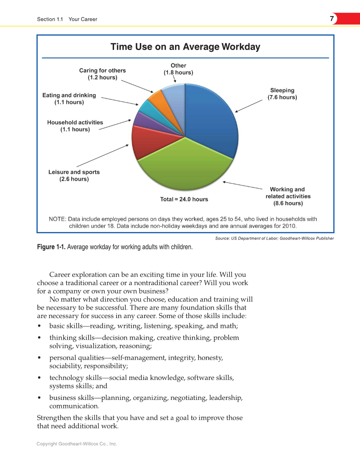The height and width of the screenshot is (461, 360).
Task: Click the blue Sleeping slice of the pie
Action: [210, 119]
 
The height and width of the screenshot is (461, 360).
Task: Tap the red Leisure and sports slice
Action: [146, 144]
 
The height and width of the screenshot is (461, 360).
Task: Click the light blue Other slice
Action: [174, 95]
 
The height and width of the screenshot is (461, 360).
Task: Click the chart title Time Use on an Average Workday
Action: [185, 47]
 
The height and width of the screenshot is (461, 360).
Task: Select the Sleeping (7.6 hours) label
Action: [282, 94]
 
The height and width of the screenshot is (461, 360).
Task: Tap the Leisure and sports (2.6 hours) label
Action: [74, 176]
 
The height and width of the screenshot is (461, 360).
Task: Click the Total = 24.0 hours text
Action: [184, 199]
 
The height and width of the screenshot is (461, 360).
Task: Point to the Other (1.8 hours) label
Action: [178, 69]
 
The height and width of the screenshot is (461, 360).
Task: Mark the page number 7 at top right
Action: [331, 19]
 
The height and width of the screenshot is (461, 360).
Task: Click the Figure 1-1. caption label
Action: [51, 247]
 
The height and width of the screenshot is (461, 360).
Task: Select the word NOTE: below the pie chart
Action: [57, 219]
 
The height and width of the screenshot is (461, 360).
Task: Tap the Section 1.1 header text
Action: [50, 19]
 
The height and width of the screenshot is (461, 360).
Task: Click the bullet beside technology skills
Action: [39, 377]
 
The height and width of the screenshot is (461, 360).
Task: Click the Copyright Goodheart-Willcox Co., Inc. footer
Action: [76, 444]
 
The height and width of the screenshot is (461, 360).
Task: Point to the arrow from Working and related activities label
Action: [243, 185]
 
